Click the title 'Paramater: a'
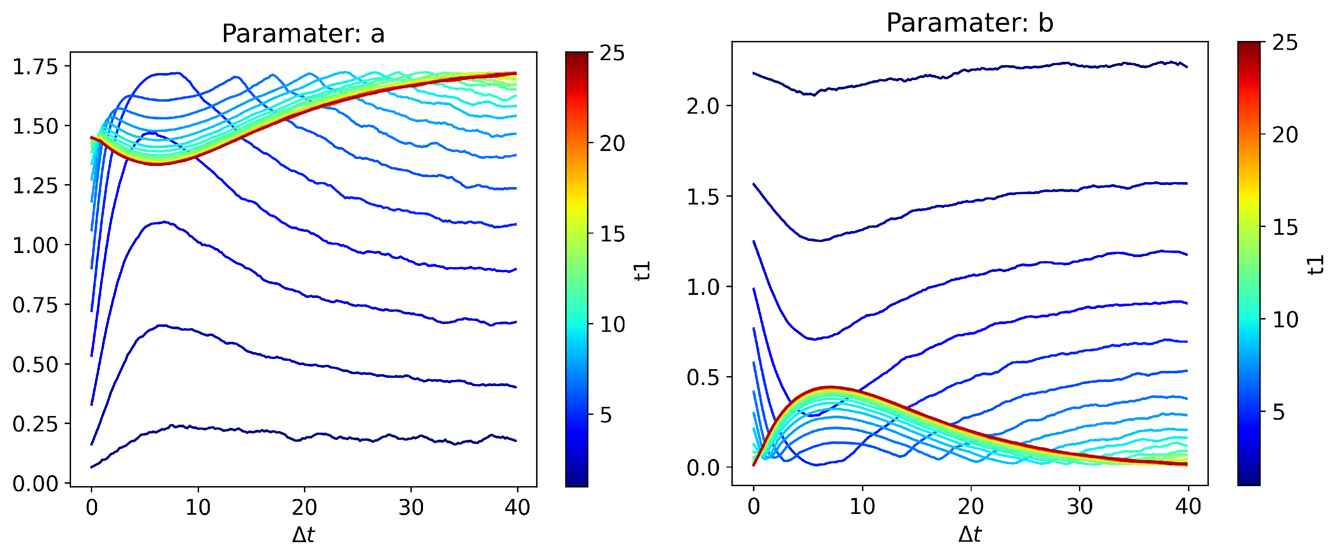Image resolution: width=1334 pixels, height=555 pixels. pyautogui.click(x=303, y=34)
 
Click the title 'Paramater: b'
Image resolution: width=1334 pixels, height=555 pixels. pyautogui.click(x=970, y=23)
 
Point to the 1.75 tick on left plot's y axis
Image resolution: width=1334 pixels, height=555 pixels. pyautogui.click(x=35, y=67)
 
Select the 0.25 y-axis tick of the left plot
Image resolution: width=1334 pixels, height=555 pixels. pyautogui.click(x=35, y=424)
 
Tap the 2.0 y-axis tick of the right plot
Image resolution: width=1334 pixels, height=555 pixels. pyautogui.click(x=703, y=106)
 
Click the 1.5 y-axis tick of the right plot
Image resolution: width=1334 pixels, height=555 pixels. pyautogui.click(x=703, y=197)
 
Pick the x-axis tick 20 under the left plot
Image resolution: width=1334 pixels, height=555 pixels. pyautogui.click(x=304, y=507)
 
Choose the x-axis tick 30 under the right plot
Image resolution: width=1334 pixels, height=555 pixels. pyautogui.click(x=1080, y=506)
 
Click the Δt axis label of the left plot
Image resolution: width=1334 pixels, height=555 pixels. pyautogui.click(x=303, y=535)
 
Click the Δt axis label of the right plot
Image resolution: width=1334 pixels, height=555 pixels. pyautogui.click(x=970, y=534)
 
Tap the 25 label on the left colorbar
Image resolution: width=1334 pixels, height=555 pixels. pyautogui.click(x=612, y=54)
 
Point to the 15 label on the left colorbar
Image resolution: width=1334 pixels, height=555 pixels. pyautogui.click(x=612, y=234)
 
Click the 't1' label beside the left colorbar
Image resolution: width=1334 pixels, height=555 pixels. pyautogui.click(x=642, y=270)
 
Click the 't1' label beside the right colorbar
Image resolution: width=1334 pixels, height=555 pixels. pyautogui.click(x=1315, y=264)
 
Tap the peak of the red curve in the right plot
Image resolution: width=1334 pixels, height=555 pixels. pyautogui.click(x=830, y=387)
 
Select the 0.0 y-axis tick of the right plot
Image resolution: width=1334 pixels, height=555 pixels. pyautogui.click(x=703, y=468)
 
